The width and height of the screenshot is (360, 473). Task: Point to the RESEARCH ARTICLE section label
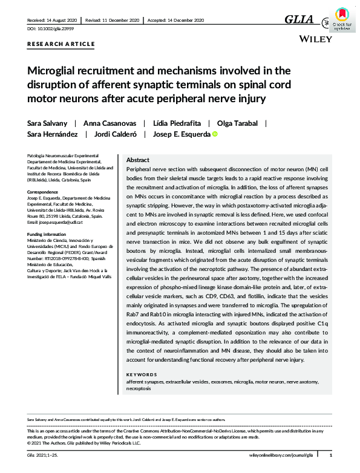pos(61,44)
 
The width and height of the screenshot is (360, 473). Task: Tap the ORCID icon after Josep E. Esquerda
pos(214,135)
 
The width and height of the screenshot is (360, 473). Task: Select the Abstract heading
pos(138,160)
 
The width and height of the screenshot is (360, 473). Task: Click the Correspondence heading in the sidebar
pos(45,192)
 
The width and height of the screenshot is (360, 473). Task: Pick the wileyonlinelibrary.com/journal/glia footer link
pos(282,455)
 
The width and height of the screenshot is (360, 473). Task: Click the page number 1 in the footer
pos(330,455)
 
